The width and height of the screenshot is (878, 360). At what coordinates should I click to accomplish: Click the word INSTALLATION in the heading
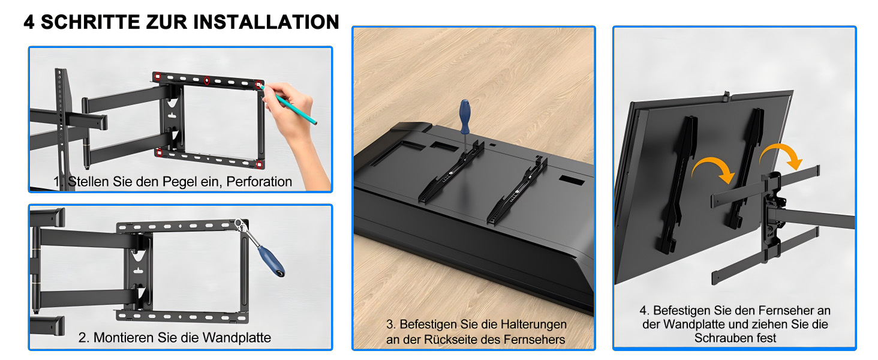click(266, 22)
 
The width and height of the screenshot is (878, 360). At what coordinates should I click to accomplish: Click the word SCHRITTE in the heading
click(90, 22)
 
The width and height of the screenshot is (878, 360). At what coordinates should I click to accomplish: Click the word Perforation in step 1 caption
click(259, 182)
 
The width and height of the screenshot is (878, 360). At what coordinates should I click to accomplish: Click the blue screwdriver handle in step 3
click(465, 116)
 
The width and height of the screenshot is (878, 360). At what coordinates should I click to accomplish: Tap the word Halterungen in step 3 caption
click(534, 325)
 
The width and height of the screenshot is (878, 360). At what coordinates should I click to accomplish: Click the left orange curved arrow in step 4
click(714, 168)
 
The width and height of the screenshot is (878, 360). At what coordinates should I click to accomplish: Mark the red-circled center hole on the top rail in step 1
click(206, 81)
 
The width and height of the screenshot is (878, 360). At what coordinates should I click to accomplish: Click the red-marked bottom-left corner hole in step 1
click(159, 152)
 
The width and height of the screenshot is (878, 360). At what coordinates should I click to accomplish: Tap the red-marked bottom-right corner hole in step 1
click(259, 164)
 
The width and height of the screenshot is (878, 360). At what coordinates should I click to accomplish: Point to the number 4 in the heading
click(29, 22)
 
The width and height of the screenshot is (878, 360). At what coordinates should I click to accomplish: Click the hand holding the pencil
click(298, 130)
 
